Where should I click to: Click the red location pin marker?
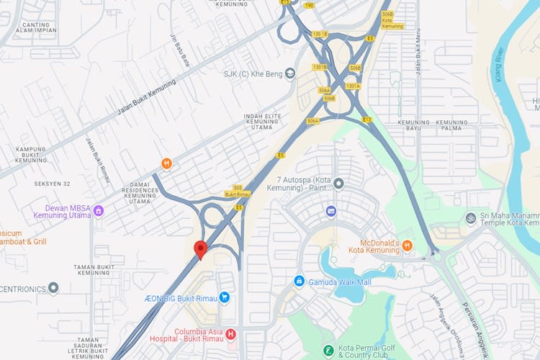point(202,249)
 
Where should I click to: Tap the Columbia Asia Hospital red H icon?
point(230,334)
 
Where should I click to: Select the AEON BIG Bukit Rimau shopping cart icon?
point(224,297)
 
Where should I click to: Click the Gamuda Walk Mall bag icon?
point(299,281)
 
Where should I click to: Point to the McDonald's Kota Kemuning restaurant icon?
point(408,246)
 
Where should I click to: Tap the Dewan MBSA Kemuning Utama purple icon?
point(98,210)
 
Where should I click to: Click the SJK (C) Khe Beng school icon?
point(290,73)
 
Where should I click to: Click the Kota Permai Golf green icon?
point(328,351)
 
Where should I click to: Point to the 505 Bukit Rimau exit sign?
point(237,191)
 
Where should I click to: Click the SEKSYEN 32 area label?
point(52,184)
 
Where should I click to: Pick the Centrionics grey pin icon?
point(53,288)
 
